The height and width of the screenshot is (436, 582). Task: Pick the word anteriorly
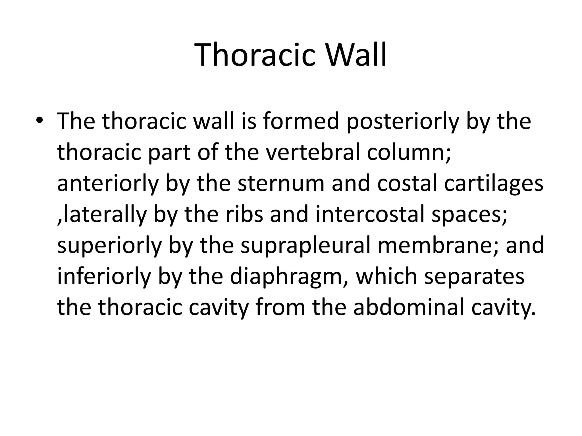[108, 184]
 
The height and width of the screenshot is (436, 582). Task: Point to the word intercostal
[370, 214]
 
